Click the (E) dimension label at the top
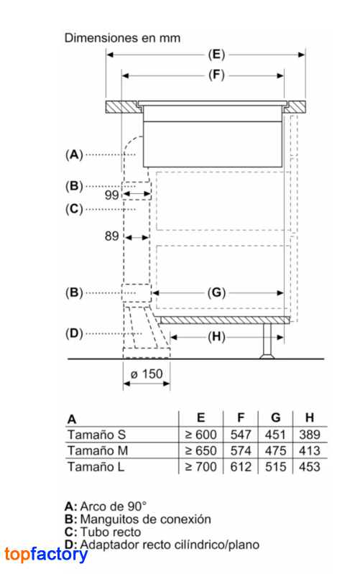pyautogui.click(x=216, y=55)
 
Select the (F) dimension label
pyautogui.click(x=216, y=75)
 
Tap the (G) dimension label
pyautogui.click(x=216, y=293)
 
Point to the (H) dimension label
pyautogui.click(x=216, y=337)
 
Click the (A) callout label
pyautogui.click(x=74, y=154)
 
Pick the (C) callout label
pyautogui.click(x=74, y=209)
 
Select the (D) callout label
pyautogui.click(x=74, y=333)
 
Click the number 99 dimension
pyautogui.click(x=111, y=195)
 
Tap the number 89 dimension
pyautogui.click(x=111, y=236)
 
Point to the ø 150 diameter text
pyautogui.click(x=147, y=374)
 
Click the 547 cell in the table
pyautogui.click(x=241, y=435)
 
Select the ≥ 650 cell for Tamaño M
pyautogui.click(x=200, y=450)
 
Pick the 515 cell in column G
pyautogui.click(x=275, y=467)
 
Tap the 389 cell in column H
pyautogui.click(x=310, y=435)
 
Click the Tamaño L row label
pyautogui.click(x=96, y=467)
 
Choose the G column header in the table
pyautogui.click(x=276, y=417)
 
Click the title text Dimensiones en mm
pyautogui.click(x=122, y=38)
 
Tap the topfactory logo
pyautogui.click(x=46, y=555)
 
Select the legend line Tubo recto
pyautogui.click(x=103, y=532)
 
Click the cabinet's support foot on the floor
pyautogui.click(x=267, y=341)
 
